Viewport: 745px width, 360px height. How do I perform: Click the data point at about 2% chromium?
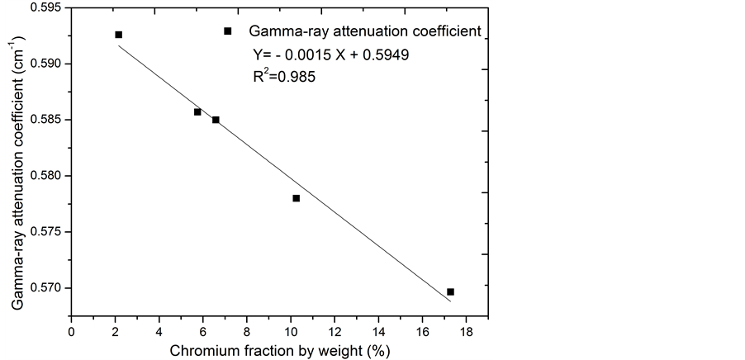[x=118, y=35]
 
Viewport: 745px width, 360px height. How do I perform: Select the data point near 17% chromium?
[x=450, y=291]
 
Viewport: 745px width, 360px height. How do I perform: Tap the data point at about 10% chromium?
[x=296, y=198]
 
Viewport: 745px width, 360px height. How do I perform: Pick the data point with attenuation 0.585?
[x=216, y=120]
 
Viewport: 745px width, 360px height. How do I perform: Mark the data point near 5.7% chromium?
[x=197, y=111]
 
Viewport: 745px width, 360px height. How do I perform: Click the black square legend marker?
[x=228, y=31]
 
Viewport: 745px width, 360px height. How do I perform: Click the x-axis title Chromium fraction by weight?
[x=279, y=351]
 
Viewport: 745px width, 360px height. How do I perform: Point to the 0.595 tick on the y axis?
[x=46, y=7]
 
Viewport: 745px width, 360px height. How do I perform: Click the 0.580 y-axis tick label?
[x=46, y=176]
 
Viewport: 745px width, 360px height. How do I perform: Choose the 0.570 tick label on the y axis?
[x=46, y=288]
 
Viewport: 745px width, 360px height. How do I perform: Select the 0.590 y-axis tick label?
[x=46, y=64]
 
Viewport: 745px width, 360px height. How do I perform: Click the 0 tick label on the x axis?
[x=71, y=332]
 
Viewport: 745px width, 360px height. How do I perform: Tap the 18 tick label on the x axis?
[x=466, y=332]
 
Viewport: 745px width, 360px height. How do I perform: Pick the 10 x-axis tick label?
[x=291, y=332]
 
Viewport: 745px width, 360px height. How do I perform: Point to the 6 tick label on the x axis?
[x=203, y=332]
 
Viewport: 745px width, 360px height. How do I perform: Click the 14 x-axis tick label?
[x=378, y=332]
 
